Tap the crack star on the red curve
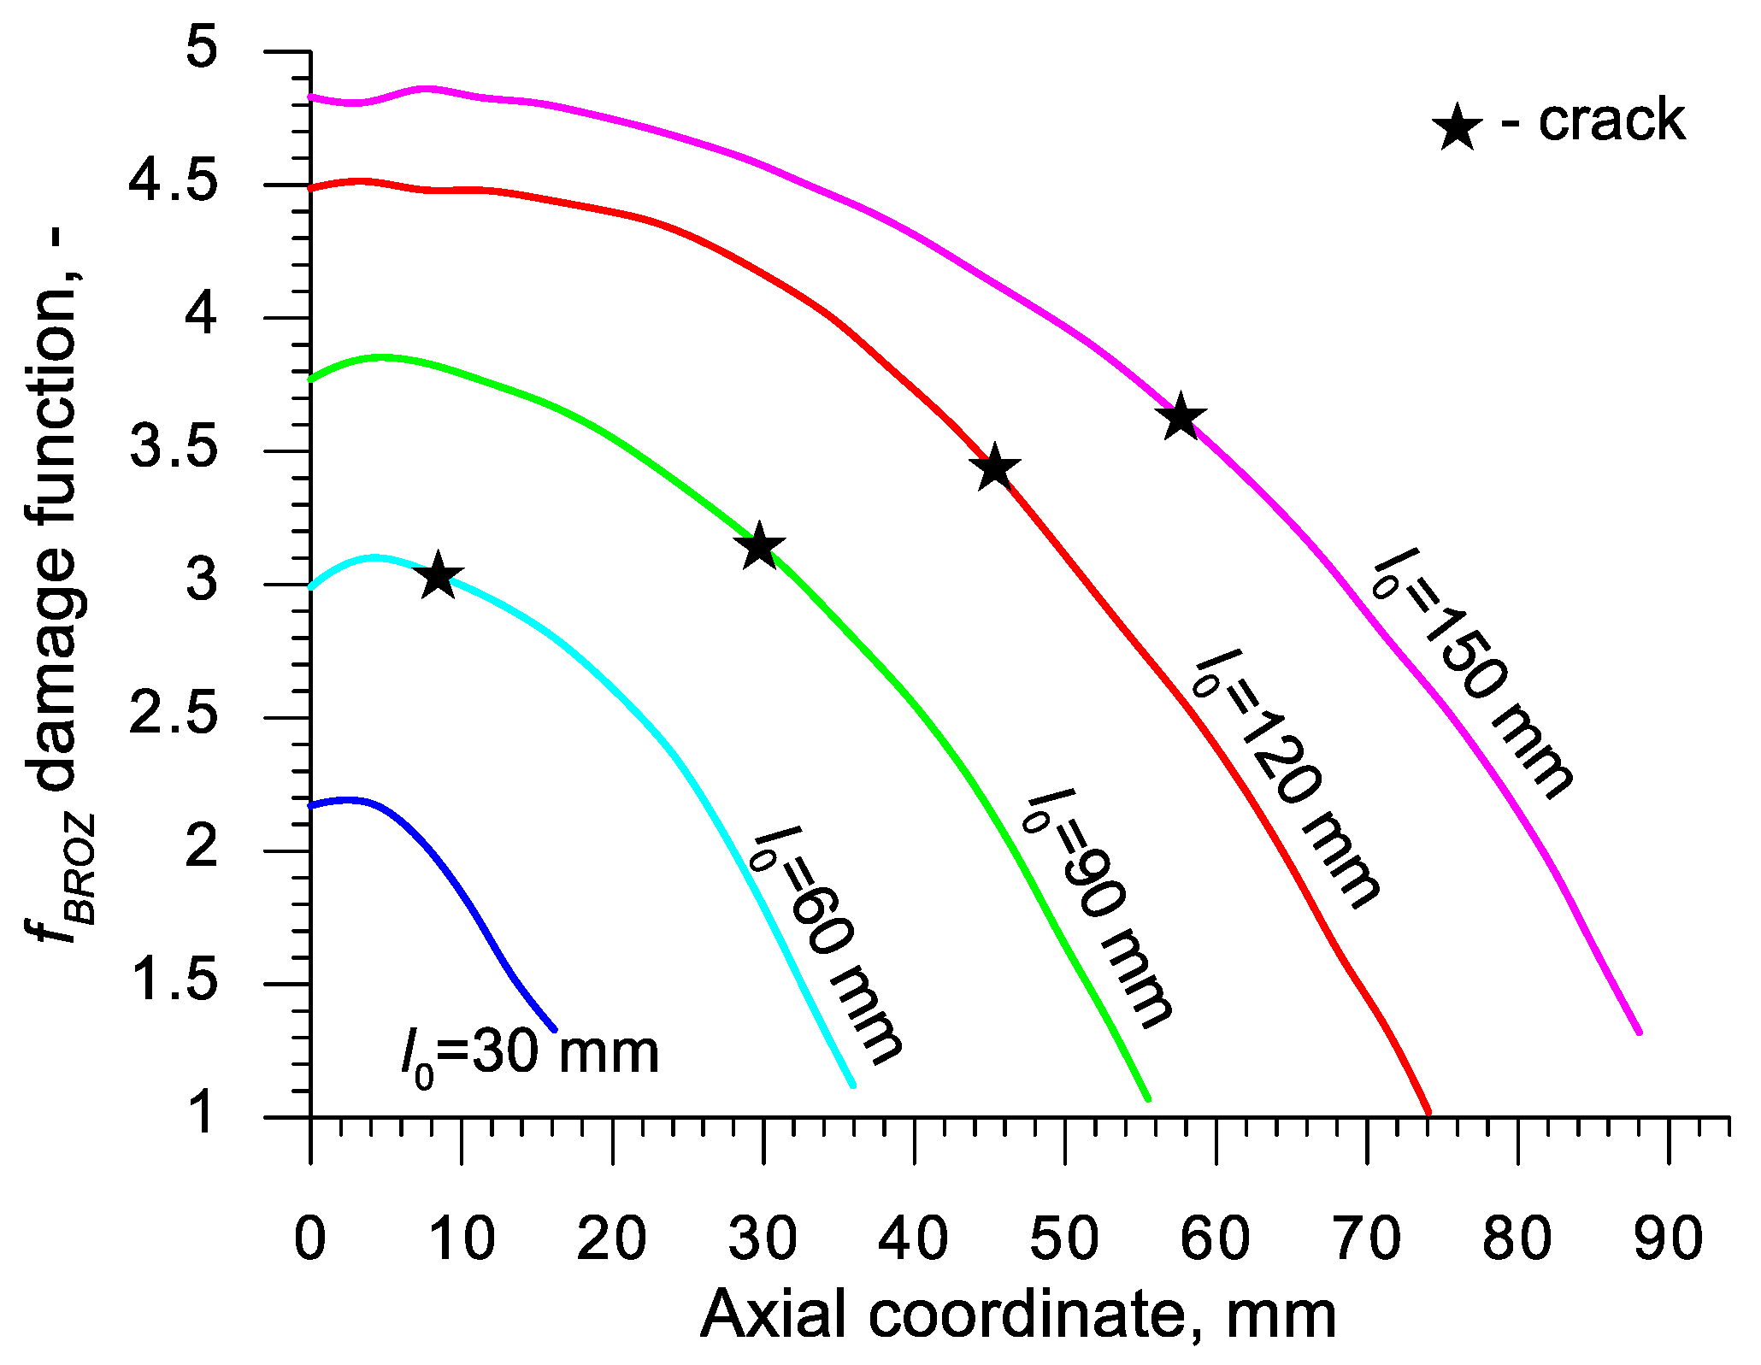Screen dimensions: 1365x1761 pos(994,468)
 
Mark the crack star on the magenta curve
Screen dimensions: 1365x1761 pos(1182,418)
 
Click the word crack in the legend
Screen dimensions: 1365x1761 pos(1611,121)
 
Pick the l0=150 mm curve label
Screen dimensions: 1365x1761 pos(1471,674)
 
